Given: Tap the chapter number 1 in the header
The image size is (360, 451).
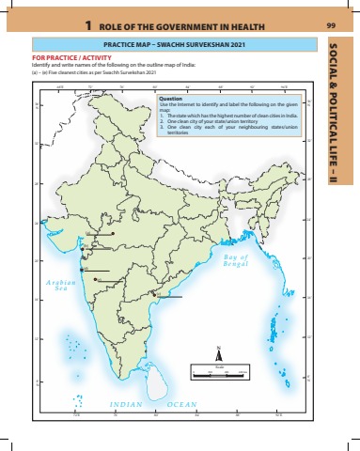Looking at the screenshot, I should point(86,24).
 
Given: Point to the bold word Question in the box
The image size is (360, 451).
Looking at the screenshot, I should point(171,98).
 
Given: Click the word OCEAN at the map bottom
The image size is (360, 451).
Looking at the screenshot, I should point(181,404).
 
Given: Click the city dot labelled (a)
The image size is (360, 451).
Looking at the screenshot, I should point(112,233).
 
